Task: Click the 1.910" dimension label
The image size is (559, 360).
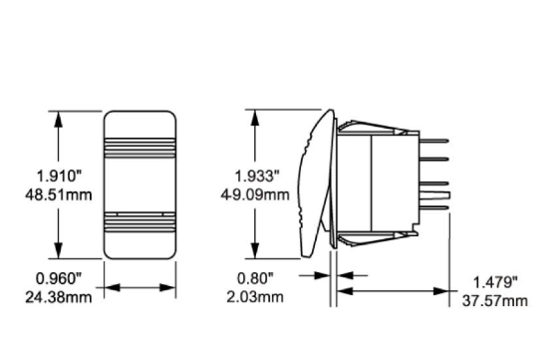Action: [x=60, y=176]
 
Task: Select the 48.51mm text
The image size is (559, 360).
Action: [x=59, y=195]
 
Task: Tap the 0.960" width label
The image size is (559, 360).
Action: [x=59, y=278]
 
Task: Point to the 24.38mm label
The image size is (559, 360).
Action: [x=59, y=297]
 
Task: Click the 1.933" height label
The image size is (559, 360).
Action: [x=257, y=176]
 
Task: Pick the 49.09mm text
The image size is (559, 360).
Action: [x=255, y=195]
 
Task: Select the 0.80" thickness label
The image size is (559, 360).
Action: [x=255, y=278]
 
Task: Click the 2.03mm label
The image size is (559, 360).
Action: [x=255, y=297]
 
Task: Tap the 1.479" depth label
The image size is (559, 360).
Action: [x=495, y=282]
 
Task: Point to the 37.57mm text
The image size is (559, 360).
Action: [x=495, y=301]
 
